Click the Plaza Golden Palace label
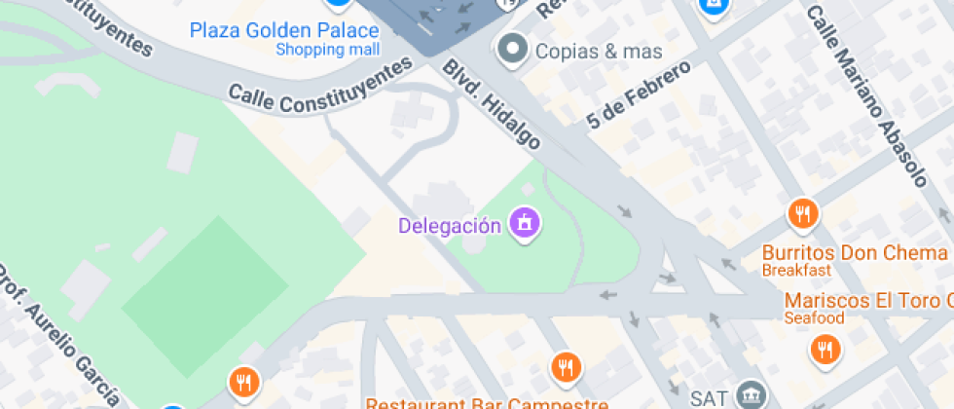pyautogui.click(x=284, y=30)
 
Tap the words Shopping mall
pyautogui.click(x=327, y=49)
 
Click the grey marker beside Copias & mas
pyautogui.click(x=512, y=47)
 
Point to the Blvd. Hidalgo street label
pyautogui.click(x=492, y=105)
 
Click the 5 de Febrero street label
pyautogui.click(x=639, y=94)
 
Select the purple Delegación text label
pyautogui.click(x=450, y=226)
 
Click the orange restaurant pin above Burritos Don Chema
pyautogui.click(x=802, y=213)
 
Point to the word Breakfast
pyautogui.click(x=795, y=270)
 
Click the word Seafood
pyautogui.click(x=814, y=318)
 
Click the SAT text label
pyautogui.click(x=708, y=397)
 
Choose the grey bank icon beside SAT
pyautogui.click(x=752, y=395)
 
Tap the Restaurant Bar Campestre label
pyautogui.click(x=487, y=403)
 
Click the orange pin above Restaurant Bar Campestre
pyautogui.click(x=566, y=367)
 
